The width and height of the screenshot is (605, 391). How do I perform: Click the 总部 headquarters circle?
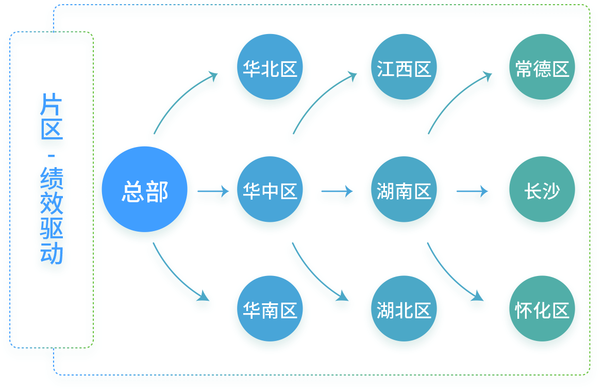pos(145,192)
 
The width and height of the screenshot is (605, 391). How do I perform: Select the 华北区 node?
pos(270,70)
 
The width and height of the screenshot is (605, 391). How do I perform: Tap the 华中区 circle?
pos(270,192)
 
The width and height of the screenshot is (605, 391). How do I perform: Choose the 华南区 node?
pos(270,312)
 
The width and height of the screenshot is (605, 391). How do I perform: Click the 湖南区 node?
pos(404,192)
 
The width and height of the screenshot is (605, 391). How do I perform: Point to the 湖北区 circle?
pos(404,312)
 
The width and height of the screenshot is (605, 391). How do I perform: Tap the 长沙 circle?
pos(542,192)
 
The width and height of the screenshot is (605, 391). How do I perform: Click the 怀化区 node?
pos(542,312)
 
